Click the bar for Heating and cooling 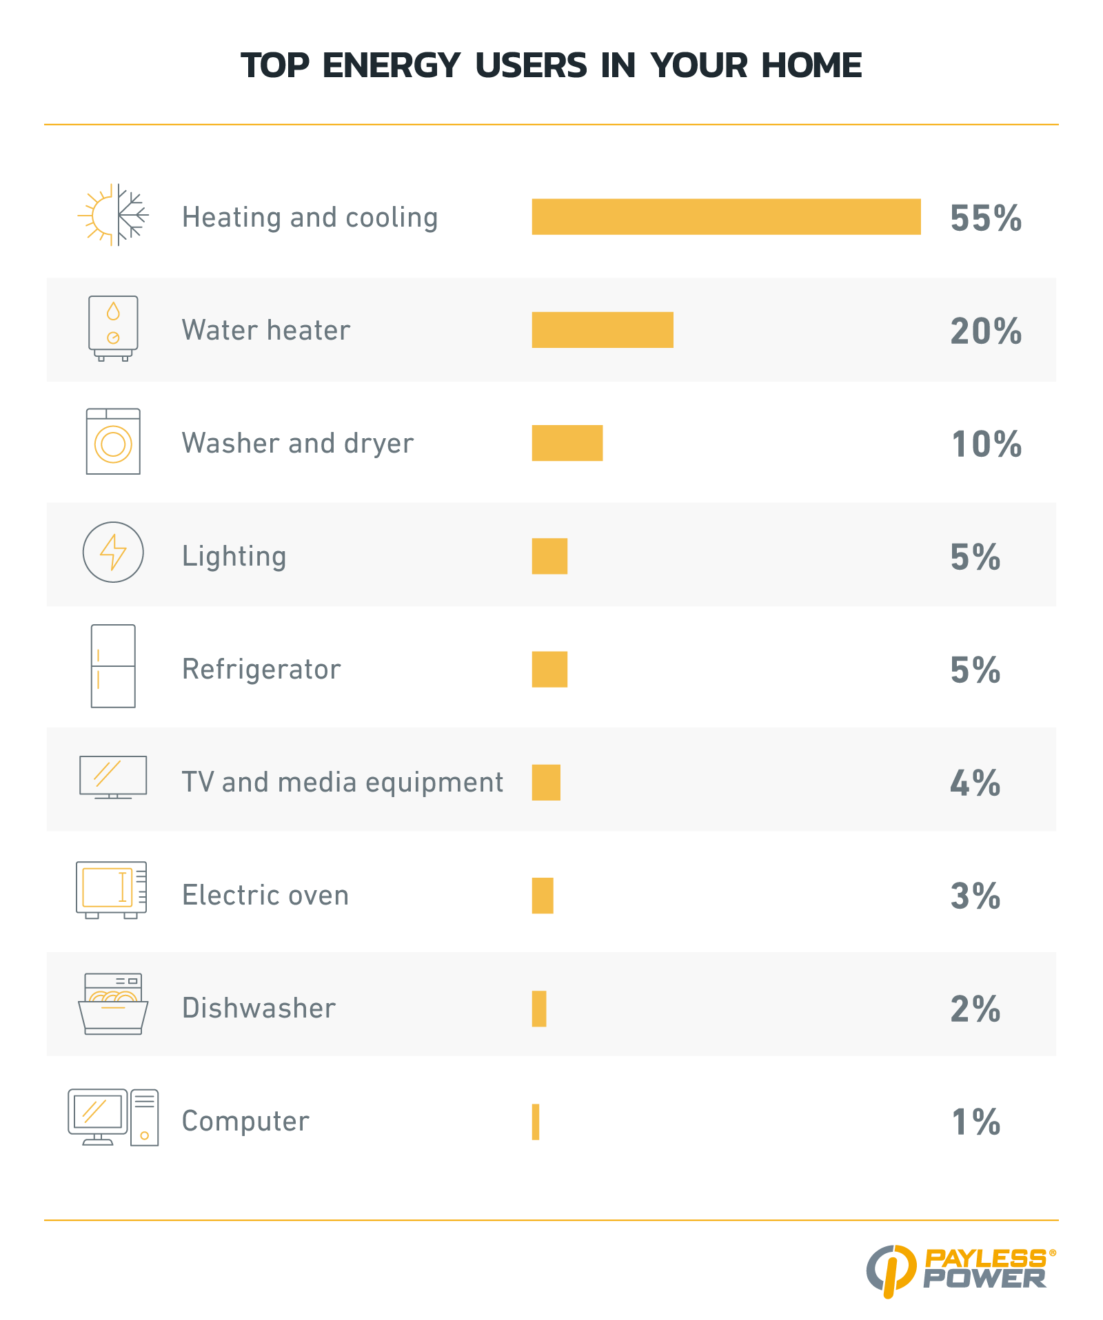[726, 217]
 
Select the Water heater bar [603, 330]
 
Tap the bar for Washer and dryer [567, 443]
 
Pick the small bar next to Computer [536, 1122]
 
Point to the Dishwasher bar [539, 1009]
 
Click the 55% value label [986, 218]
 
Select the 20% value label [986, 331]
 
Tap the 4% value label [975, 783]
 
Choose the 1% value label [975, 1122]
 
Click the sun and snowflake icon [113, 216]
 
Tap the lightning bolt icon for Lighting [113, 552]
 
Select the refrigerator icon [113, 666]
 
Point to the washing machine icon [113, 442]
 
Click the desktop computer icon [113, 1117]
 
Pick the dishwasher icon [113, 1004]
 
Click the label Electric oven [265, 896]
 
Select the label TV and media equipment [343, 783]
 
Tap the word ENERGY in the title [391, 66]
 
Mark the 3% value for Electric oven [975, 896]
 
